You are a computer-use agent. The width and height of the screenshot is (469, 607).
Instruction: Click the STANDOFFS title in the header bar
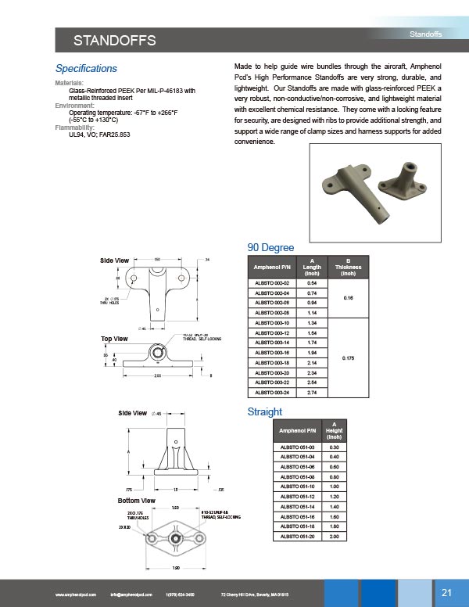point(115,41)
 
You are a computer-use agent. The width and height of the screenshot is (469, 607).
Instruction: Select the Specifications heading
point(86,69)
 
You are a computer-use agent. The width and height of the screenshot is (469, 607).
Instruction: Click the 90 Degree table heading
point(270,248)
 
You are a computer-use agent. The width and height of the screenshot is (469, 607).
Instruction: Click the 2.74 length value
point(312,391)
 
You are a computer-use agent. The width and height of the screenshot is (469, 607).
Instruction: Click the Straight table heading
point(264,411)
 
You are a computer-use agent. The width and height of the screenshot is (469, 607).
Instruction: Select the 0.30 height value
point(334,447)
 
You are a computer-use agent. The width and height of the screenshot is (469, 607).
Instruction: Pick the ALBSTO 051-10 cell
point(297,486)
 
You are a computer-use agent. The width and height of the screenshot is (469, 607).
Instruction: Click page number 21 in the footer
point(447,591)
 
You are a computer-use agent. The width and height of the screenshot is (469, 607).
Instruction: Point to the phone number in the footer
point(181,594)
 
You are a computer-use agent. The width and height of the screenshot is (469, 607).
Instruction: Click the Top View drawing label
point(115,339)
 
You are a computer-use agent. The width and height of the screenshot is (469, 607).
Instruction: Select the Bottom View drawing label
point(136,500)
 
